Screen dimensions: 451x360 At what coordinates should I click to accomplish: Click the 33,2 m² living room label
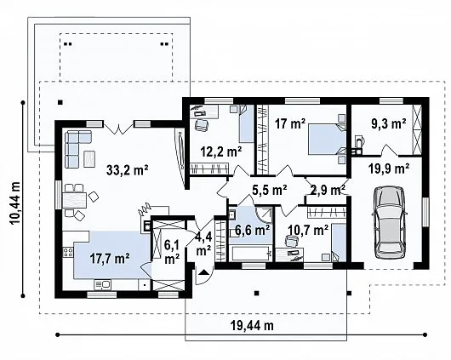[x=127, y=169]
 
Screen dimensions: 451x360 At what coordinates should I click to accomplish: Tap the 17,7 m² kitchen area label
[x=109, y=259]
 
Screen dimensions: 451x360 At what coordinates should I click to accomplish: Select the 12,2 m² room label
[x=221, y=151]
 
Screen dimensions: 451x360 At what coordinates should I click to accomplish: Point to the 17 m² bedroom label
[x=290, y=123]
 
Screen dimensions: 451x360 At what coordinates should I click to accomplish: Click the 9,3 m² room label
[x=389, y=123]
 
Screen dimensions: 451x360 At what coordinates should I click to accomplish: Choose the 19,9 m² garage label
[x=389, y=169]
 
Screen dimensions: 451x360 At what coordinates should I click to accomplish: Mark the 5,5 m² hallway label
[x=270, y=189]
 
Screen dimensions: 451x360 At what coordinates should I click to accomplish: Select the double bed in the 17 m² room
[x=327, y=140]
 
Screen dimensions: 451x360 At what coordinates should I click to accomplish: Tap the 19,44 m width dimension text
[x=252, y=326]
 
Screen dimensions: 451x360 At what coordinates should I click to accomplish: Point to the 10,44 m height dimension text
[x=14, y=203]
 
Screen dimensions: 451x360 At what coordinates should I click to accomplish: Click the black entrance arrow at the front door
[x=203, y=271]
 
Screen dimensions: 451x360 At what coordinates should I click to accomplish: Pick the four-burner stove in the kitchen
[x=68, y=252]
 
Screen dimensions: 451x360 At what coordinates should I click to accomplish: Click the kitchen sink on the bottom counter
[x=103, y=284]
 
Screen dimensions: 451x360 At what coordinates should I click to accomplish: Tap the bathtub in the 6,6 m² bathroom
[x=250, y=254]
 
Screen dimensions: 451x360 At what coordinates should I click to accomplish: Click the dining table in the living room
[x=75, y=200]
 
